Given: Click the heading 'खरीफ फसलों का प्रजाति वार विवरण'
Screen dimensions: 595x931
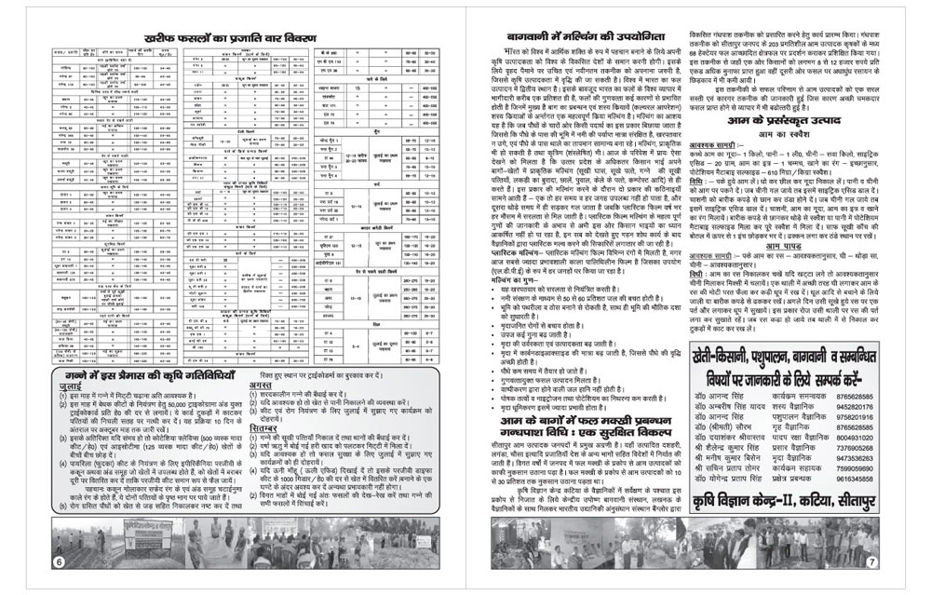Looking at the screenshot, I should pos(230,39).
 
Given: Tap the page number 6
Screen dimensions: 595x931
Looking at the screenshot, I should pos(59,561).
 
